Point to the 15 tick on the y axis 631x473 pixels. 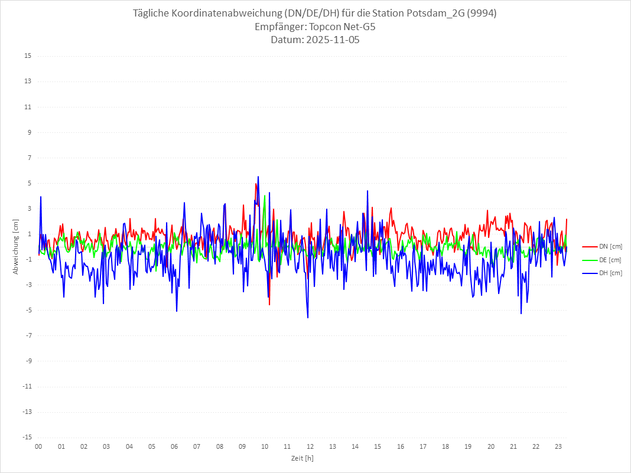(28, 56)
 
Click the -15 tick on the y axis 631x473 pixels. (27, 438)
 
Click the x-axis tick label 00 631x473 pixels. (38, 446)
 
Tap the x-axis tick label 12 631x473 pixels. (310, 446)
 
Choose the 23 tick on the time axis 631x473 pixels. (558, 446)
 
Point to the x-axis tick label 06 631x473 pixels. (174, 446)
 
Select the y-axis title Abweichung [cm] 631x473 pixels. (16, 247)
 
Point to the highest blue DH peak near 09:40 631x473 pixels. (258, 177)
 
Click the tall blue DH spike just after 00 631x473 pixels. (41, 197)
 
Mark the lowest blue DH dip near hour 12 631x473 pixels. (308, 318)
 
